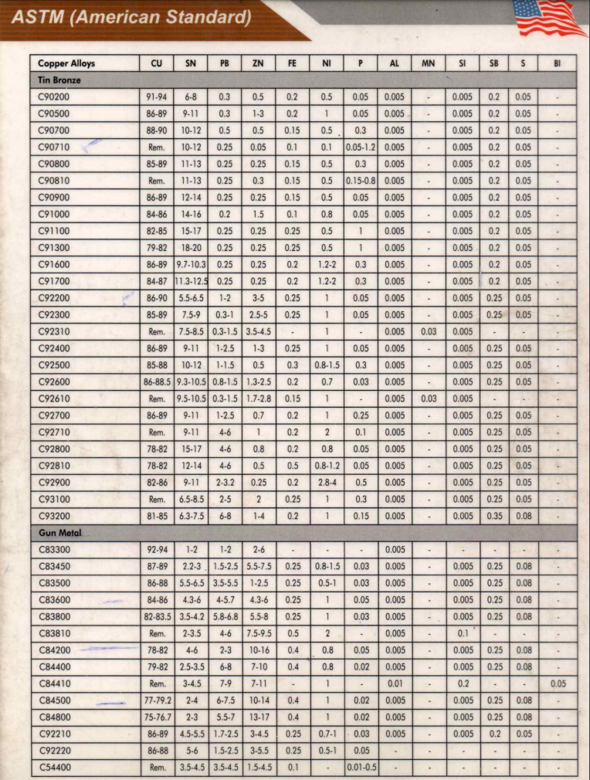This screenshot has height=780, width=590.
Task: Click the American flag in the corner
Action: (x=549, y=17)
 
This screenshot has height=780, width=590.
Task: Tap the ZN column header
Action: (x=258, y=63)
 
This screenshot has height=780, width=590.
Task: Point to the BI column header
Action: (x=557, y=63)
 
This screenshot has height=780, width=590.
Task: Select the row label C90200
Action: (x=54, y=97)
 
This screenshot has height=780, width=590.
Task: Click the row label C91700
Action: (x=54, y=281)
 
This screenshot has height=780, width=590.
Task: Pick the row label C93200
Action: (x=54, y=516)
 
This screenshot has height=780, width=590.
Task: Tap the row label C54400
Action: (x=54, y=768)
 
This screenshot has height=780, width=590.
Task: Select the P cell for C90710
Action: (x=360, y=148)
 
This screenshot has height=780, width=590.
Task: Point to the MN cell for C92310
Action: (x=428, y=331)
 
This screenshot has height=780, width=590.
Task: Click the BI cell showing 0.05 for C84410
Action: (x=557, y=683)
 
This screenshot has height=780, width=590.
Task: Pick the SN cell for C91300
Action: (x=191, y=248)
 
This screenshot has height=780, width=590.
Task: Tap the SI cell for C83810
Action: (x=462, y=633)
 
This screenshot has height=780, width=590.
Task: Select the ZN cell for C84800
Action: (x=258, y=717)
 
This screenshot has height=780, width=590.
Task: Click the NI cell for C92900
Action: (x=327, y=482)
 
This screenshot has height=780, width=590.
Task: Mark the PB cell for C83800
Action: (x=225, y=616)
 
